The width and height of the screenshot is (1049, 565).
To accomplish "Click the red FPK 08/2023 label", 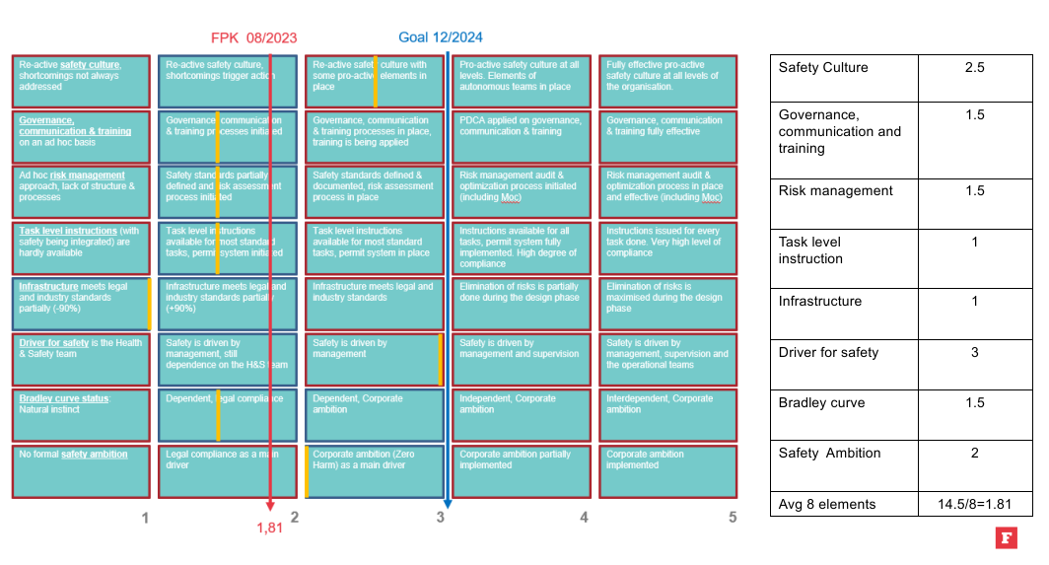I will pos(253,38).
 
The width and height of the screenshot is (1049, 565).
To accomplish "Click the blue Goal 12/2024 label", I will pos(441,37).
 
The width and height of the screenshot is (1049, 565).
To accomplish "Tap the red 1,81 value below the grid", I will pos(269,528).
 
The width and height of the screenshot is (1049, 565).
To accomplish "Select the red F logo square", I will pos(1006,537).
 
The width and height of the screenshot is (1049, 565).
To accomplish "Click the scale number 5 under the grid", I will pos(733,517).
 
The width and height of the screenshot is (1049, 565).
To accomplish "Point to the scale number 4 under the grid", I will pos(585,517).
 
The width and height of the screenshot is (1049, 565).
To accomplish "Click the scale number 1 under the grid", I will pos(145,517).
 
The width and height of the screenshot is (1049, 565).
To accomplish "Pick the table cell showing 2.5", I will pos(974,68).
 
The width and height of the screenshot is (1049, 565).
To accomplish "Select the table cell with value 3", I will pos(974,352).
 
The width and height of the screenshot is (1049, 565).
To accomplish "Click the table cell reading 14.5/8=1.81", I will pos(974,504).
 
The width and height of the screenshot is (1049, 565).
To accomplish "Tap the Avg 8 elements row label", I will pos(826,504).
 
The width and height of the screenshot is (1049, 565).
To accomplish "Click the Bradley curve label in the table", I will pos(821,402).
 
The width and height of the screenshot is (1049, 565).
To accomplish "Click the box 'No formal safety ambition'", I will pos(81,471).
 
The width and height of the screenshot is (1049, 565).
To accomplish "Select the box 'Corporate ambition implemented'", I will pos(667,471).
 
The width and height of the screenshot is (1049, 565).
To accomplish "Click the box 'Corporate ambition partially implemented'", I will pos(522,471).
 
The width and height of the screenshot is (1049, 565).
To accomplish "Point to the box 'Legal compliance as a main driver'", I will pos(227,471).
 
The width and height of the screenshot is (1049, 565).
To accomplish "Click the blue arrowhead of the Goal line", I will pos(448,504).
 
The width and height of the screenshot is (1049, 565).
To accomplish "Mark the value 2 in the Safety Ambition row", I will pos(974,453).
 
